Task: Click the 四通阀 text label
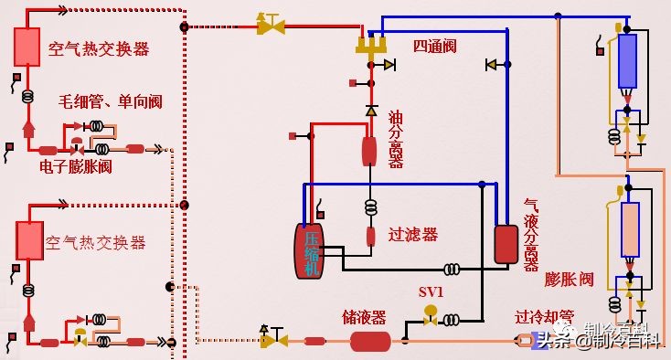(x=433, y=45)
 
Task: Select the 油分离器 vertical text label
(x=396, y=139)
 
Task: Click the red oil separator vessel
(x=369, y=151)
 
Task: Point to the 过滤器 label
(x=413, y=235)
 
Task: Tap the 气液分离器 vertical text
(x=531, y=235)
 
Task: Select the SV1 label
(x=431, y=291)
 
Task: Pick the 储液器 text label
(x=364, y=317)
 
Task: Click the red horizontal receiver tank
(x=370, y=341)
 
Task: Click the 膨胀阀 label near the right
(x=570, y=278)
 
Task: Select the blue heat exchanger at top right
(x=627, y=60)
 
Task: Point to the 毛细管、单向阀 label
(x=111, y=101)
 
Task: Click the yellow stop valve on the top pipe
(x=271, y=25)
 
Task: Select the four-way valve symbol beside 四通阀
(x=372, y=45)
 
